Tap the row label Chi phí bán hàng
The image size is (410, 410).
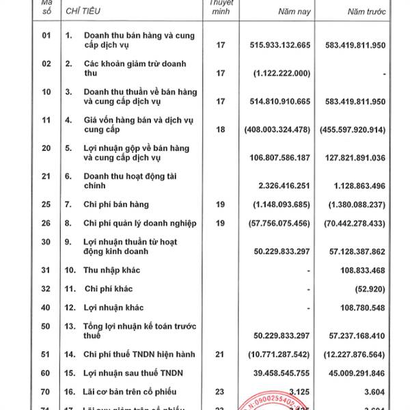[116, 204]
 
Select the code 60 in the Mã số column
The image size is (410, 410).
[46, 372]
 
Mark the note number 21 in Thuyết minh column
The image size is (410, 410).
[220, 354]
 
